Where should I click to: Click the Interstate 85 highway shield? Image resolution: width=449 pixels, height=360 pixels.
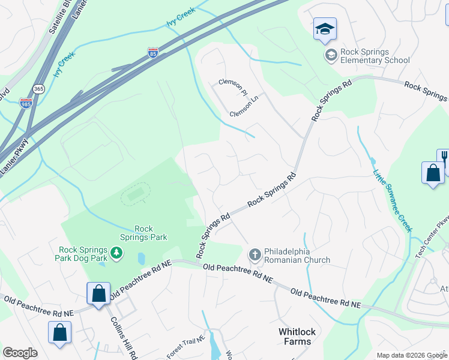pyautogui.click(x=153, y=54)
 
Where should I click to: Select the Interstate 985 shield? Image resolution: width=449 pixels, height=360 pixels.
pyautogui.click(x=26, y=104)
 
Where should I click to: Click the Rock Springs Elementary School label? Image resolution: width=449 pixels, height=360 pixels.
pyautogui.click(x=375, y=56)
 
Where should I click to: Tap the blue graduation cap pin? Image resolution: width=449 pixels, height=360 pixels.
pyautogui.click(x=325, y=29)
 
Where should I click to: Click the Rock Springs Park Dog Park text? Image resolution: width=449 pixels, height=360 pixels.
pyautogui.click(x=83, y=254)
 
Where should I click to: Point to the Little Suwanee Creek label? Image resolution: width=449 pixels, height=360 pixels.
pyautogui.click(x=394, y=201)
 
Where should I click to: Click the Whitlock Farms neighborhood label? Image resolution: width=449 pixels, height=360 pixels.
pyautogui.click(x=297, y=337)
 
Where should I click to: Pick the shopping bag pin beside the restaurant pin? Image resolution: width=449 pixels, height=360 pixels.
pyautogui.click(x=433, y=173)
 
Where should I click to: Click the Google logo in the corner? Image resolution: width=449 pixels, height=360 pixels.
pyautogui.click(x=20, y=353)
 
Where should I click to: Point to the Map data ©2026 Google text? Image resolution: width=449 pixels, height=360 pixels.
pyautogui.click(x=412, y=355)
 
